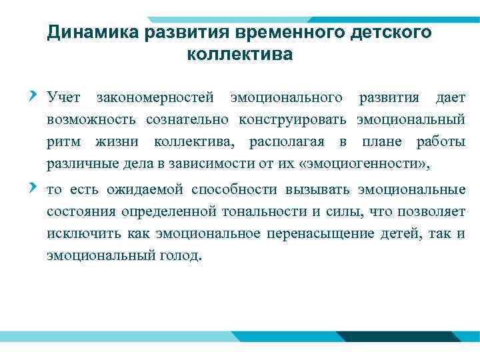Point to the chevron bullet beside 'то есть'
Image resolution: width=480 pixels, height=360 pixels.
34,189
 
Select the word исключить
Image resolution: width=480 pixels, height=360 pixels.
79,234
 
